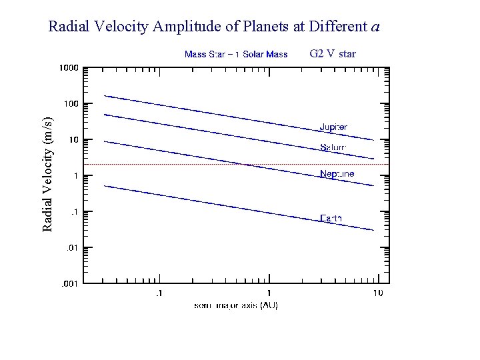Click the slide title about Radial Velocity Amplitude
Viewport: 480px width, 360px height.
[x=214, y=27]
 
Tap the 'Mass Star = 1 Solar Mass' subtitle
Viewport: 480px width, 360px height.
[x=235, y=54]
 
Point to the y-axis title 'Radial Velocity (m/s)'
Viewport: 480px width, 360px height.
[x=47, y=173]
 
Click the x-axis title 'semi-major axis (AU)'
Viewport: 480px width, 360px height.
[x=236, y=305]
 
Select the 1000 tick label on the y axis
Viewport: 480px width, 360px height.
[x=69, y=68]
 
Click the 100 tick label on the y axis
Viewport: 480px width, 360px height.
[x=71, y=104]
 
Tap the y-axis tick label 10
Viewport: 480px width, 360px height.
[x=73, y=140]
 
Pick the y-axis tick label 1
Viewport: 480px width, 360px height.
[x=75, y=176]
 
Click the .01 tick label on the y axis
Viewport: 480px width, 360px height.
[x=71, y=248]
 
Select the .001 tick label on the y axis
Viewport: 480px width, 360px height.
[x=70, y=284]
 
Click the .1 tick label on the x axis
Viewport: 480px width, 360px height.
[x=158, y=293]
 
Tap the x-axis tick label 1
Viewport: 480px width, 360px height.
[x=269, y=293]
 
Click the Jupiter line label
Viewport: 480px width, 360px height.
[x=333, y=127]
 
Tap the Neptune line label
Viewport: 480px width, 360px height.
[x=337, y=174]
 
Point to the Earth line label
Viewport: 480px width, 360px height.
[x=331, y=218]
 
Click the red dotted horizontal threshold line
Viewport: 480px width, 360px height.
[x=200, y=164]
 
